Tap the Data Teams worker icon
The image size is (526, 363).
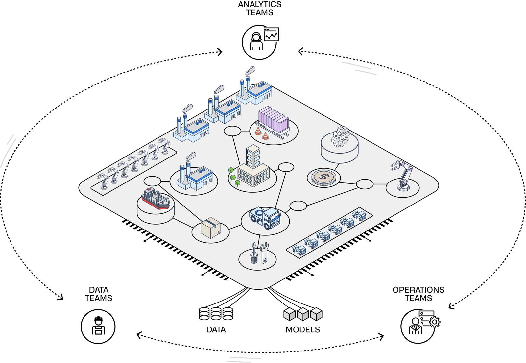point(98,326)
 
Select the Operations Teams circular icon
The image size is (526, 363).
point(418,326)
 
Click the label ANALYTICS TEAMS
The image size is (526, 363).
point(260,9)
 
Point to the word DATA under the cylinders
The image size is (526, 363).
point(216,329)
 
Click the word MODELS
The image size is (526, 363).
point(302,329)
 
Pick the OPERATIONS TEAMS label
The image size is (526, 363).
point(418,294)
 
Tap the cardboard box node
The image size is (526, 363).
point(210,228)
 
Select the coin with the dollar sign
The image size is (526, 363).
point(324,177)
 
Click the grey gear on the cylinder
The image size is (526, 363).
point(341,136)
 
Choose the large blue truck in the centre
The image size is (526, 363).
point(265,217)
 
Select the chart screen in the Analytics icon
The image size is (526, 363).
point(271,35)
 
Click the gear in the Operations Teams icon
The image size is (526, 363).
point(435,322)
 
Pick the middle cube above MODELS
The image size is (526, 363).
point(303,314)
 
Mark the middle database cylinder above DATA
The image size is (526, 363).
point(216,313)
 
